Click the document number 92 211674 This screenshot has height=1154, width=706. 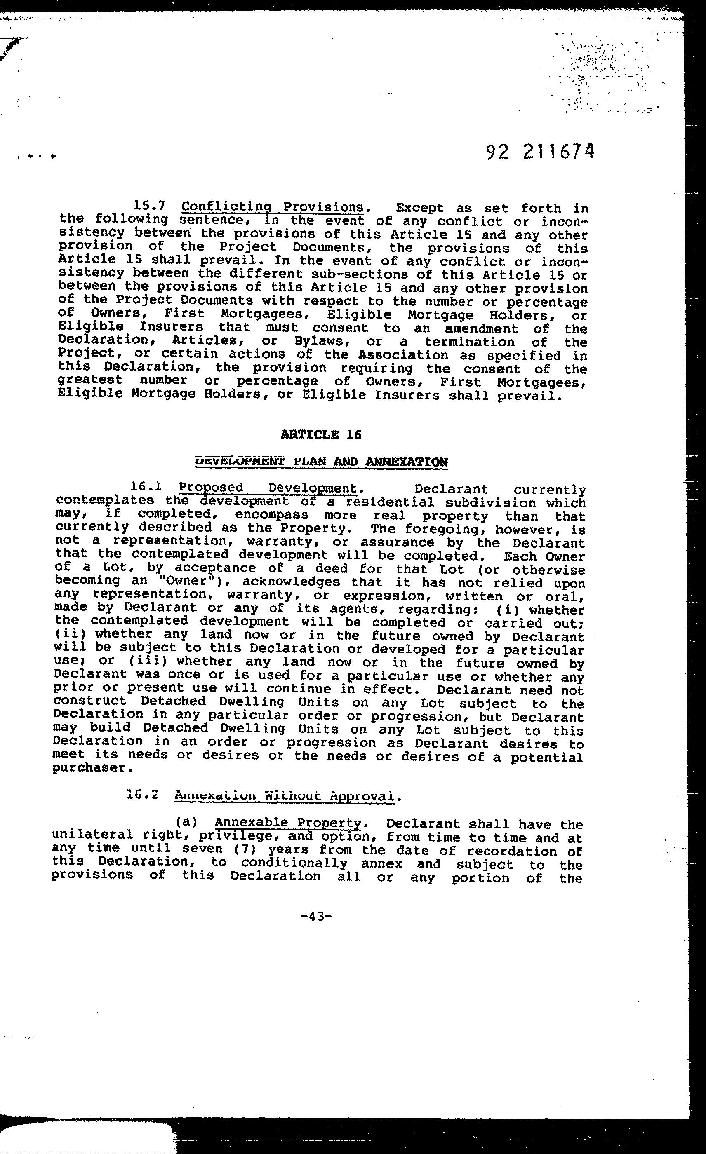click(540, 152)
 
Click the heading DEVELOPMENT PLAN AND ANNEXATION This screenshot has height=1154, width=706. click(321, 462)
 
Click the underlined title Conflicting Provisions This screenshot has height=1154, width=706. click(272, 206)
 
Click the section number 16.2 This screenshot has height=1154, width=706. click(142, 795)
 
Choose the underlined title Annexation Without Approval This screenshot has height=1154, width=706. click(284, 796)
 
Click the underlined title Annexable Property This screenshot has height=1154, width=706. click(288, 823)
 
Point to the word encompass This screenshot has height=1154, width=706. click(272, 515)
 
